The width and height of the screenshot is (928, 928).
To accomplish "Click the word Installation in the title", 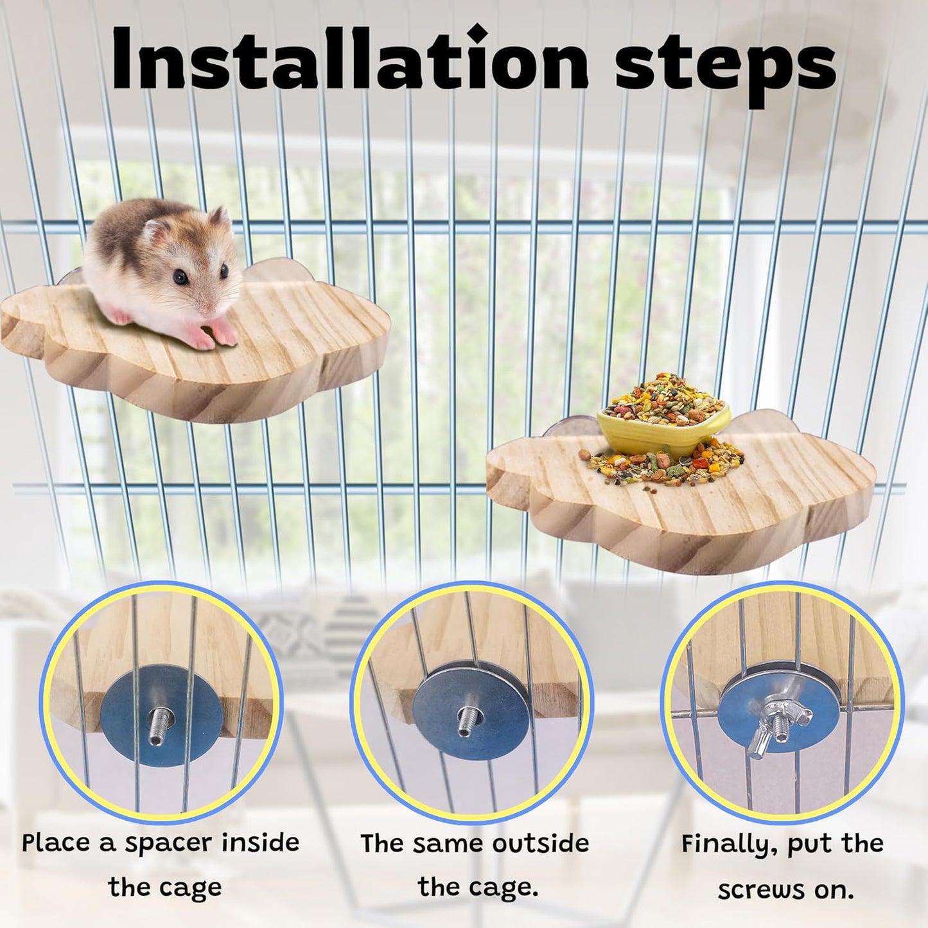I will (x=349, y=59).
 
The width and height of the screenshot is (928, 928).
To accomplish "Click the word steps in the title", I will (x=725, y=61).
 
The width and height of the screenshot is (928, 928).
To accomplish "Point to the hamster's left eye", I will (x=180, y=277).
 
